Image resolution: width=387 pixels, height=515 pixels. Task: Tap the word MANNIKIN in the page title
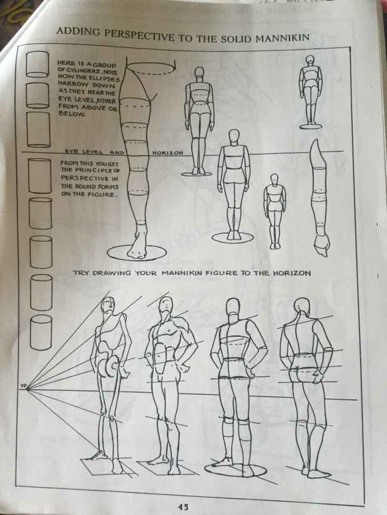click(282, 37)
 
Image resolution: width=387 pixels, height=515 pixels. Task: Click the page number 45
click(183, 507)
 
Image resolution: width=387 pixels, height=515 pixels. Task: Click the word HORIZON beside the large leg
click(168, 153)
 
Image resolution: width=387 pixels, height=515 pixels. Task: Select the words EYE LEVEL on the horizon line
click(84, 152)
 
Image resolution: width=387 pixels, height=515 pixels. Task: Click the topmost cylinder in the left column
click(37, 64)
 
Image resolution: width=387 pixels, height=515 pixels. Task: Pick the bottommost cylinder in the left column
click(41, 332)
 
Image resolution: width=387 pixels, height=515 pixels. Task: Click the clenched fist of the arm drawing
click(321, 245)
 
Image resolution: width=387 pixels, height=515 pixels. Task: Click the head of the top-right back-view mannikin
click(310, 60)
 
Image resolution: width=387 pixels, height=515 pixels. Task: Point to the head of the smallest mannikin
click(274, 180)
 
